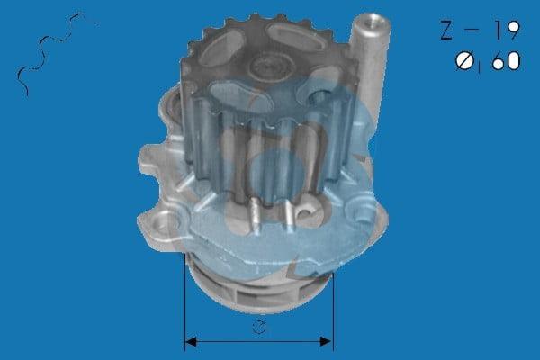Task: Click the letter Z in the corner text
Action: pyautogui.click(x=446, y=30)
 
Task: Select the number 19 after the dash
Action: pyautogui.click(x=507, y=30)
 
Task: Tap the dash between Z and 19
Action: pyautogui.click(x=472, y=30)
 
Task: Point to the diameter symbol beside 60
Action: pyautogui.click(x=465, y=61)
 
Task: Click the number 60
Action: pyautogui.click(x=506, y=61)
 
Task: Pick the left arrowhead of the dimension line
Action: pyautogui.click(x=191, y=342)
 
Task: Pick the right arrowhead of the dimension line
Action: pyautogui.click(x=326, y=341)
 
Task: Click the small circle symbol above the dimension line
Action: pyautogui.click(x=259, y=327)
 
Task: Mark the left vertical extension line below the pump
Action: pyautogui.click(x=184, y=302)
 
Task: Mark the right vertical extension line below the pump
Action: pyautogui.click(x=333, y=312)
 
